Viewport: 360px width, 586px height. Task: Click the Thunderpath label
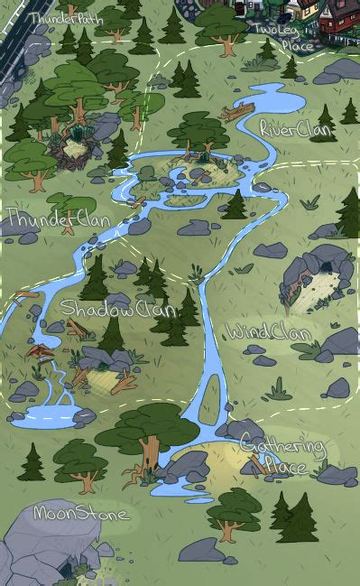point(66,17)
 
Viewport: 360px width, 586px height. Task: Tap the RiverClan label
point(295,129)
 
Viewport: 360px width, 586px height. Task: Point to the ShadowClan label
point(116,310)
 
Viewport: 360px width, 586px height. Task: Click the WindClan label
point(269,332)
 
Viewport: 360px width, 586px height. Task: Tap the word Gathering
point(282,447)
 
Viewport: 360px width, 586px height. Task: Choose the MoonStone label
point(80,513)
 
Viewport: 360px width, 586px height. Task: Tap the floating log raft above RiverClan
point(237,114)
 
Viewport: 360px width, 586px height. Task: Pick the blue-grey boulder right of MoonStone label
point(201,549)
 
